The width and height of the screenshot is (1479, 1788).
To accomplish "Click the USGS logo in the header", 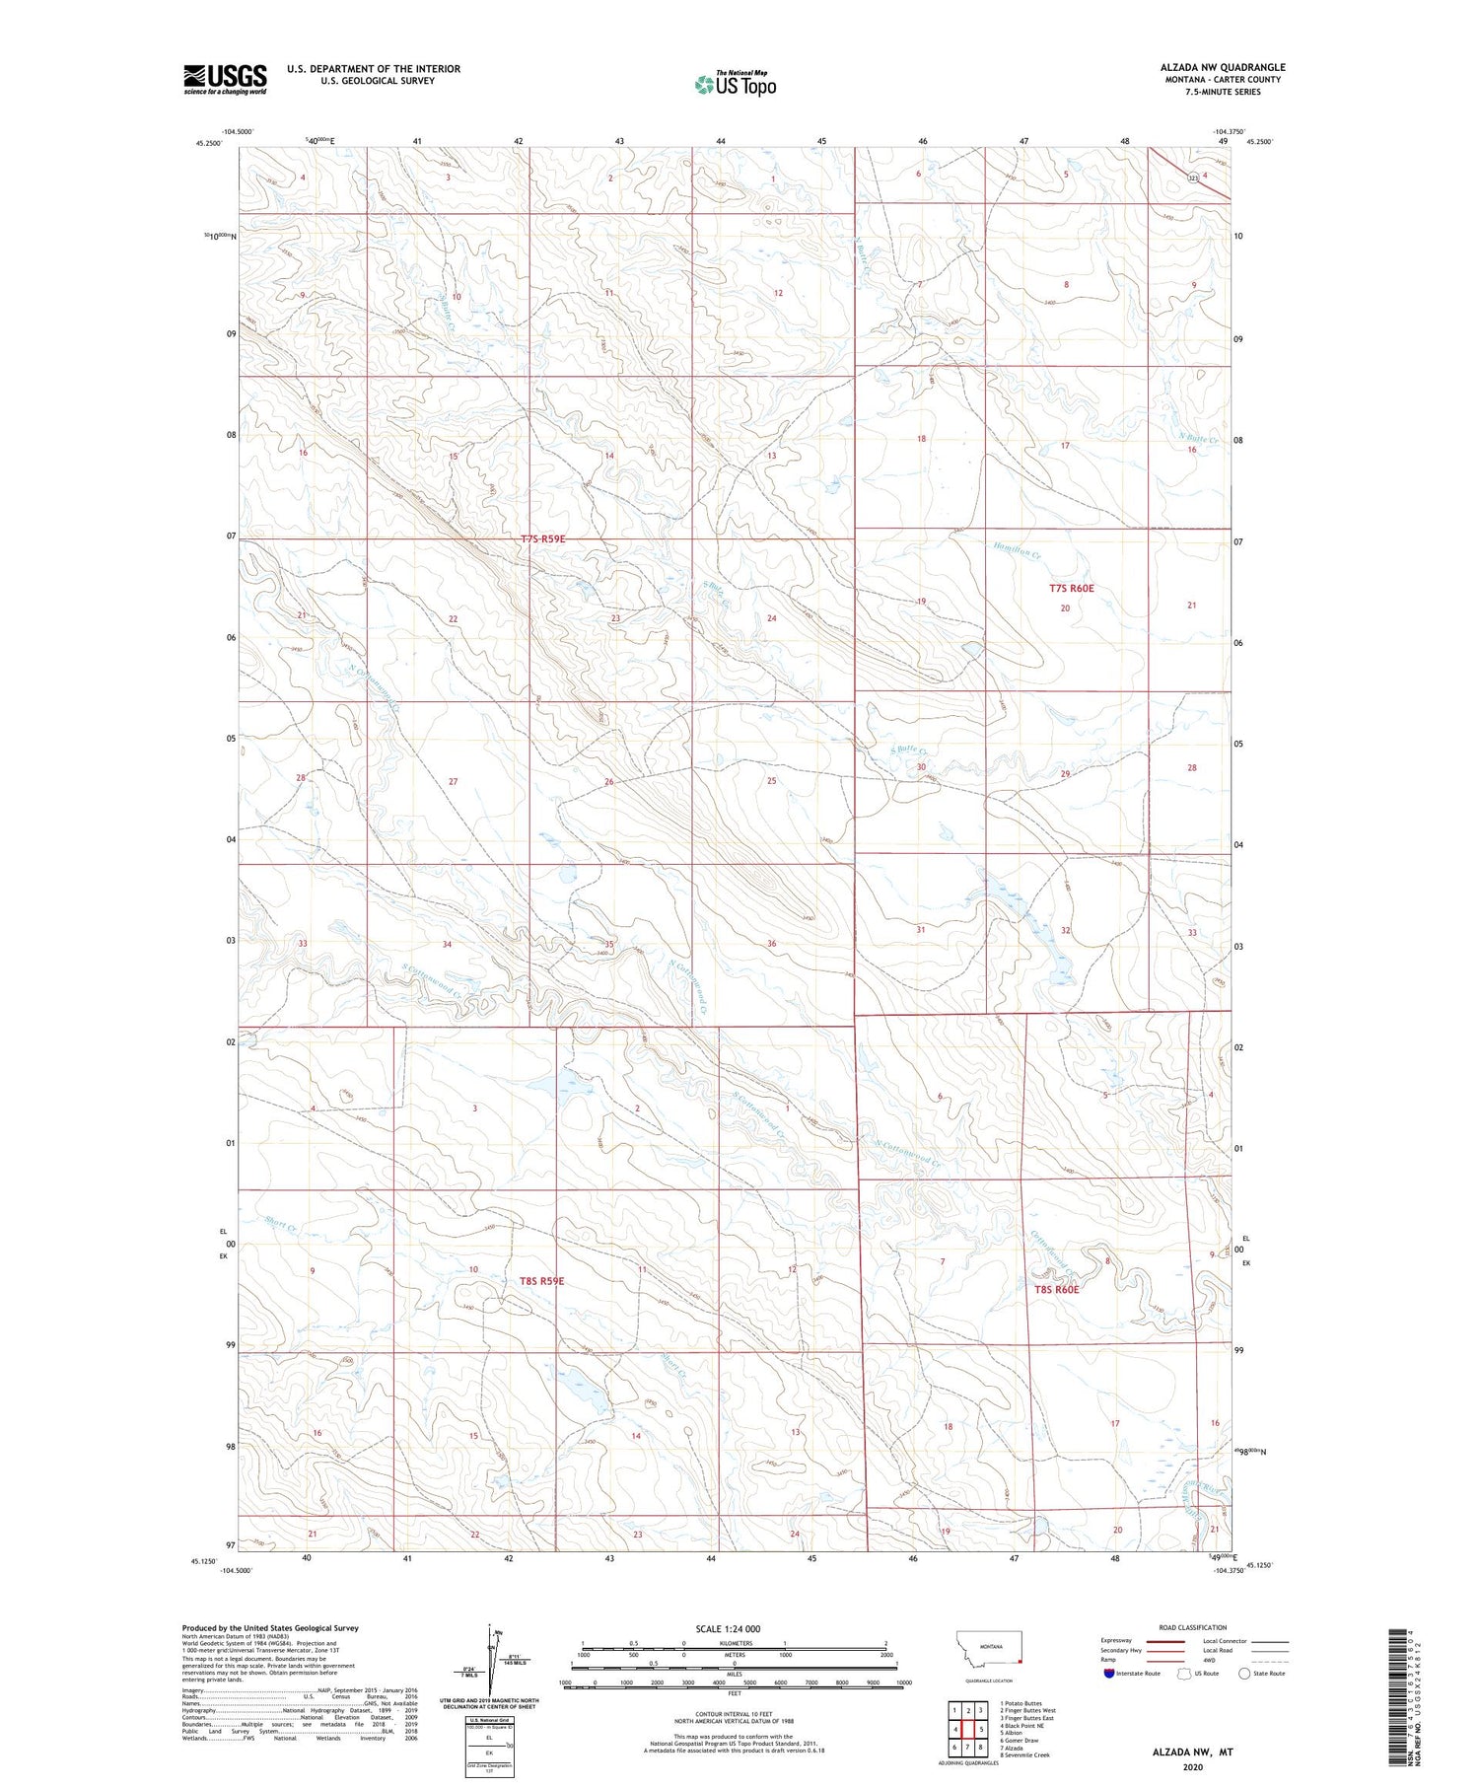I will point(225,79).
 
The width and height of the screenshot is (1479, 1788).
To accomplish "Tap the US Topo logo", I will point(736,85).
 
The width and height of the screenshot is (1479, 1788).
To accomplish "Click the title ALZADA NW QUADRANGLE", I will point(1222,67).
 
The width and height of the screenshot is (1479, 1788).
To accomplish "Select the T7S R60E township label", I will point(1071,588).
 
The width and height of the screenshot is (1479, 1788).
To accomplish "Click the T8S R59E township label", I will point(541,1280).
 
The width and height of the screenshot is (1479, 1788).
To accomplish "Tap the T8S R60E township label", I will point(1057,1289).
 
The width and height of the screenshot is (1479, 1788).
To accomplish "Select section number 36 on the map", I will point(772,944).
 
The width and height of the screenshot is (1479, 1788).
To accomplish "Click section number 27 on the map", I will point(453,781).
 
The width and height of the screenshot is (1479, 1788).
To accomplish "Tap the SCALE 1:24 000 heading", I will point(728,1628).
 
